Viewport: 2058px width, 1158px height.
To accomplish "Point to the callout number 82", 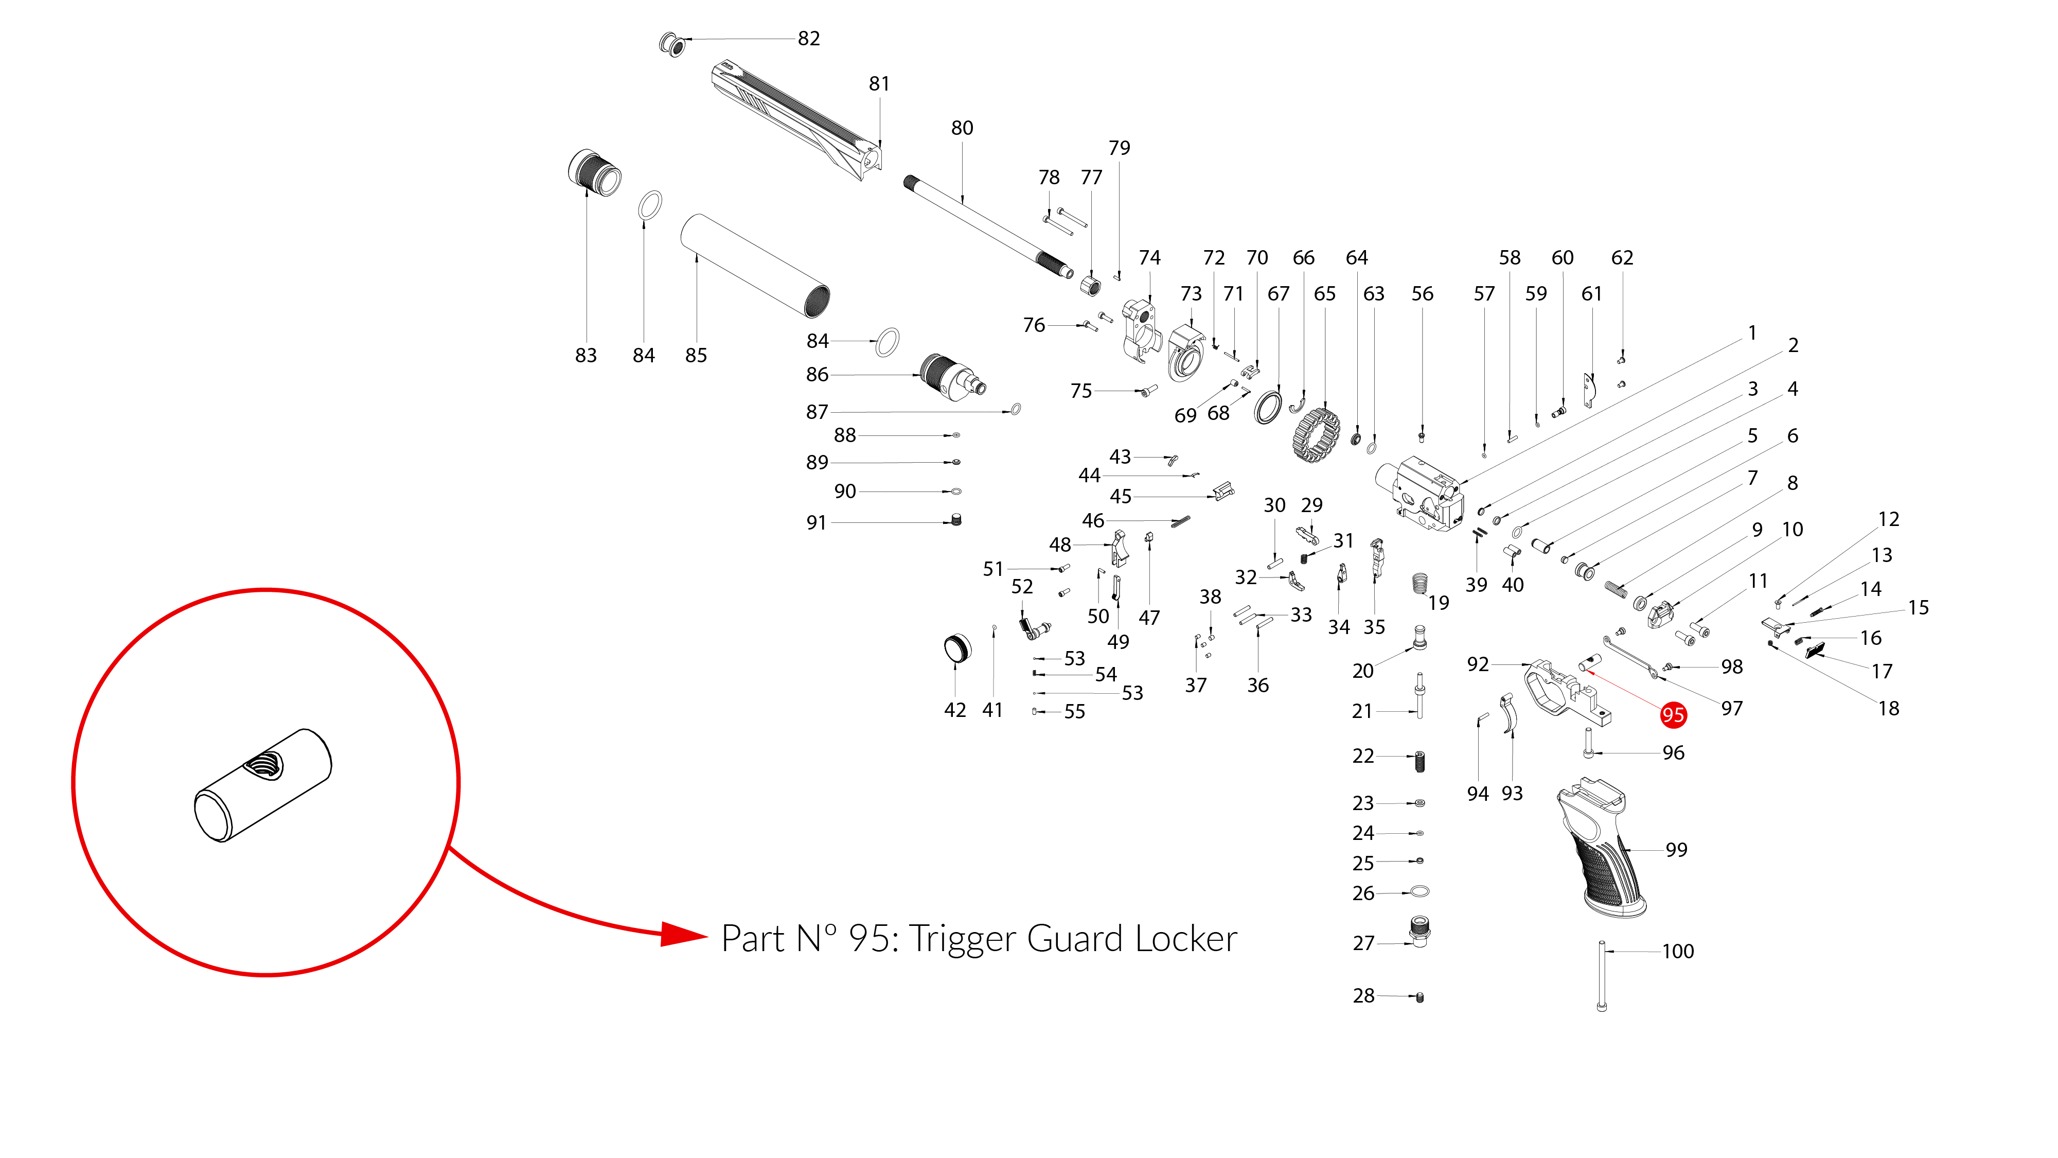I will (x=808, y=39).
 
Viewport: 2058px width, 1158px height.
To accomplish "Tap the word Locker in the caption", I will (x=1185, y=939).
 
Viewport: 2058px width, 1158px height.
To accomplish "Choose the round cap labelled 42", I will (x=957, y=648).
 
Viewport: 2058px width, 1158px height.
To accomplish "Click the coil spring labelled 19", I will (x=1420, y=584).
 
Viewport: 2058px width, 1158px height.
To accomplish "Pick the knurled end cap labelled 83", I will (x=594, y=172).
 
